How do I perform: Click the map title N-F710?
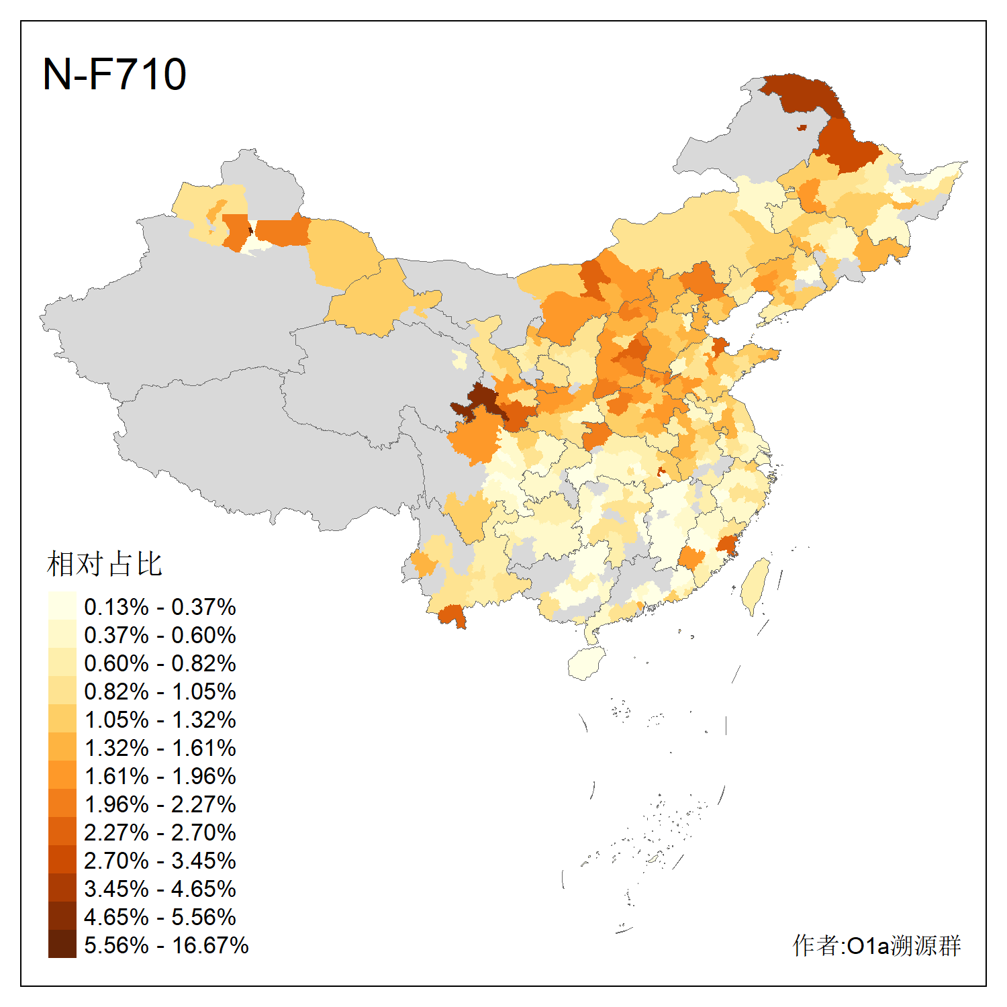pos(114,74)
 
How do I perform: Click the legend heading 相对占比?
pos(105,564)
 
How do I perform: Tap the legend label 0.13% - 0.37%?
pos(160,607)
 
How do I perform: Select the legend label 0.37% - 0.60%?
pos(160,635)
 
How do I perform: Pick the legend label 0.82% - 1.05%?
pos(160,691)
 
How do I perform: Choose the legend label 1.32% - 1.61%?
pos(160,748)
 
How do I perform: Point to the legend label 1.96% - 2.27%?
pos(160,804)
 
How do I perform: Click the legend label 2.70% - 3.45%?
pos(160,861)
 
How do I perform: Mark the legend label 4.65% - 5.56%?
pos(160,917)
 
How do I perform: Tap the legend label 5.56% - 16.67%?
pos(166,945)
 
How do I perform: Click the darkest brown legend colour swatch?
pos(62,945)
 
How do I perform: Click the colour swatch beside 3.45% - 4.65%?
pos(62,888)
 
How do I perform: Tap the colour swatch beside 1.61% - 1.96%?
pos(62,775)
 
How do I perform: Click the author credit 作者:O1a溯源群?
pos(877,945)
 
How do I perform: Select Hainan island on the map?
pos(586,663)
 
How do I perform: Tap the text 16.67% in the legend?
pos(210,945)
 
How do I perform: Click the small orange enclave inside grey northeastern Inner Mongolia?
pos(802,128)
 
